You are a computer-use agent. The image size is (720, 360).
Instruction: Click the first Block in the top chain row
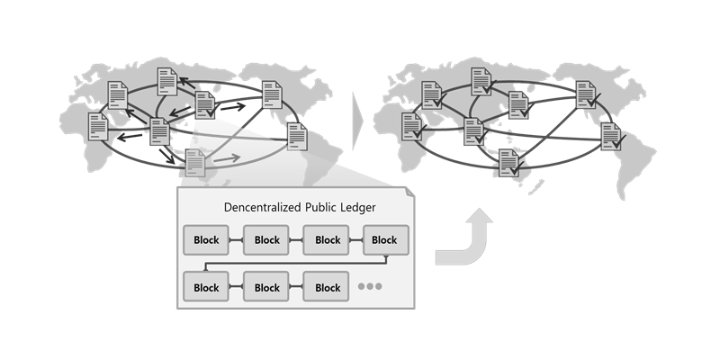coord(206,240)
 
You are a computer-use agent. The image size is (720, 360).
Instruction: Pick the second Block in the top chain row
coord(267,240)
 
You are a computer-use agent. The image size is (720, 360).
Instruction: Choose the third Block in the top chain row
coord(328,240)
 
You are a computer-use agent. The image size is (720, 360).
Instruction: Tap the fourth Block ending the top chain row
coord(384,240)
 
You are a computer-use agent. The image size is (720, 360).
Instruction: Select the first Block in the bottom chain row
coord(206,288)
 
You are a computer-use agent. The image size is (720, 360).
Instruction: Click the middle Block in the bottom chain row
coord(267,288)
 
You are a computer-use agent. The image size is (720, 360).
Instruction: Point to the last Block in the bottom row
coord(328,288)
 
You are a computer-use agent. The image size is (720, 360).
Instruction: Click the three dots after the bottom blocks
coord(371,288)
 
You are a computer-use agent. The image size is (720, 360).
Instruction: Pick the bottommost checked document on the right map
coord(509,163)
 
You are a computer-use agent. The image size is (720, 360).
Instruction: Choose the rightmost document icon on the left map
coord(298,138)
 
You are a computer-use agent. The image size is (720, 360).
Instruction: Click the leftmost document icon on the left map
coord(98,127)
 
